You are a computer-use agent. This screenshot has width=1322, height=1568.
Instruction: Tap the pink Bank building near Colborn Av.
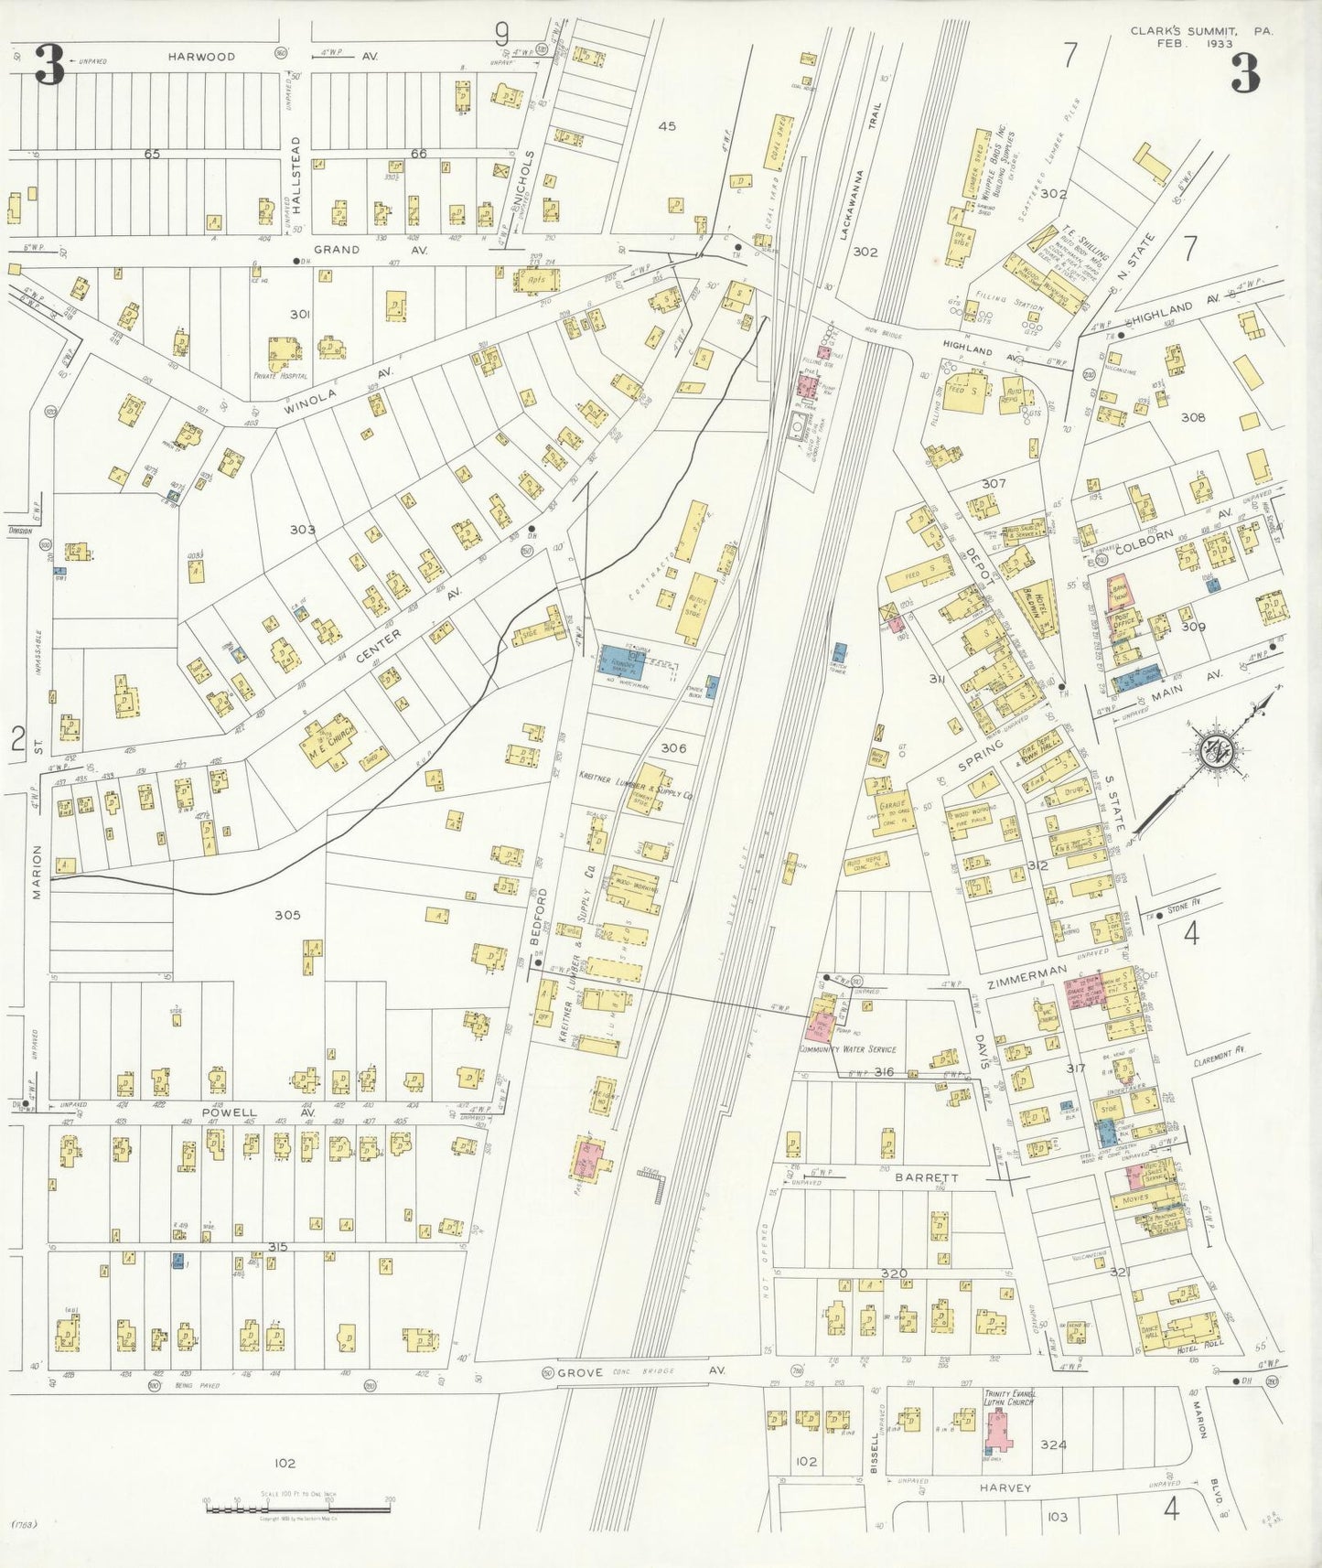1118,592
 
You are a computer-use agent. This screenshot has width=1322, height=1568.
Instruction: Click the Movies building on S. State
1134,1198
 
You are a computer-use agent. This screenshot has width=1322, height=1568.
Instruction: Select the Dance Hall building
1150,1327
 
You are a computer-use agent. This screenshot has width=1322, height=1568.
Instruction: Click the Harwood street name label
201,57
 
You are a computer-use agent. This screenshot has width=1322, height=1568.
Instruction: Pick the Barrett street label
926,1178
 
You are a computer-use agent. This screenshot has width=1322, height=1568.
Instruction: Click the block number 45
667,126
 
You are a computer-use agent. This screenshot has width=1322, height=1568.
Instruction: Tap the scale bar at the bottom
298,1508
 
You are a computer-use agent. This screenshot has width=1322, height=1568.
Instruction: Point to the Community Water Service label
847,1049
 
